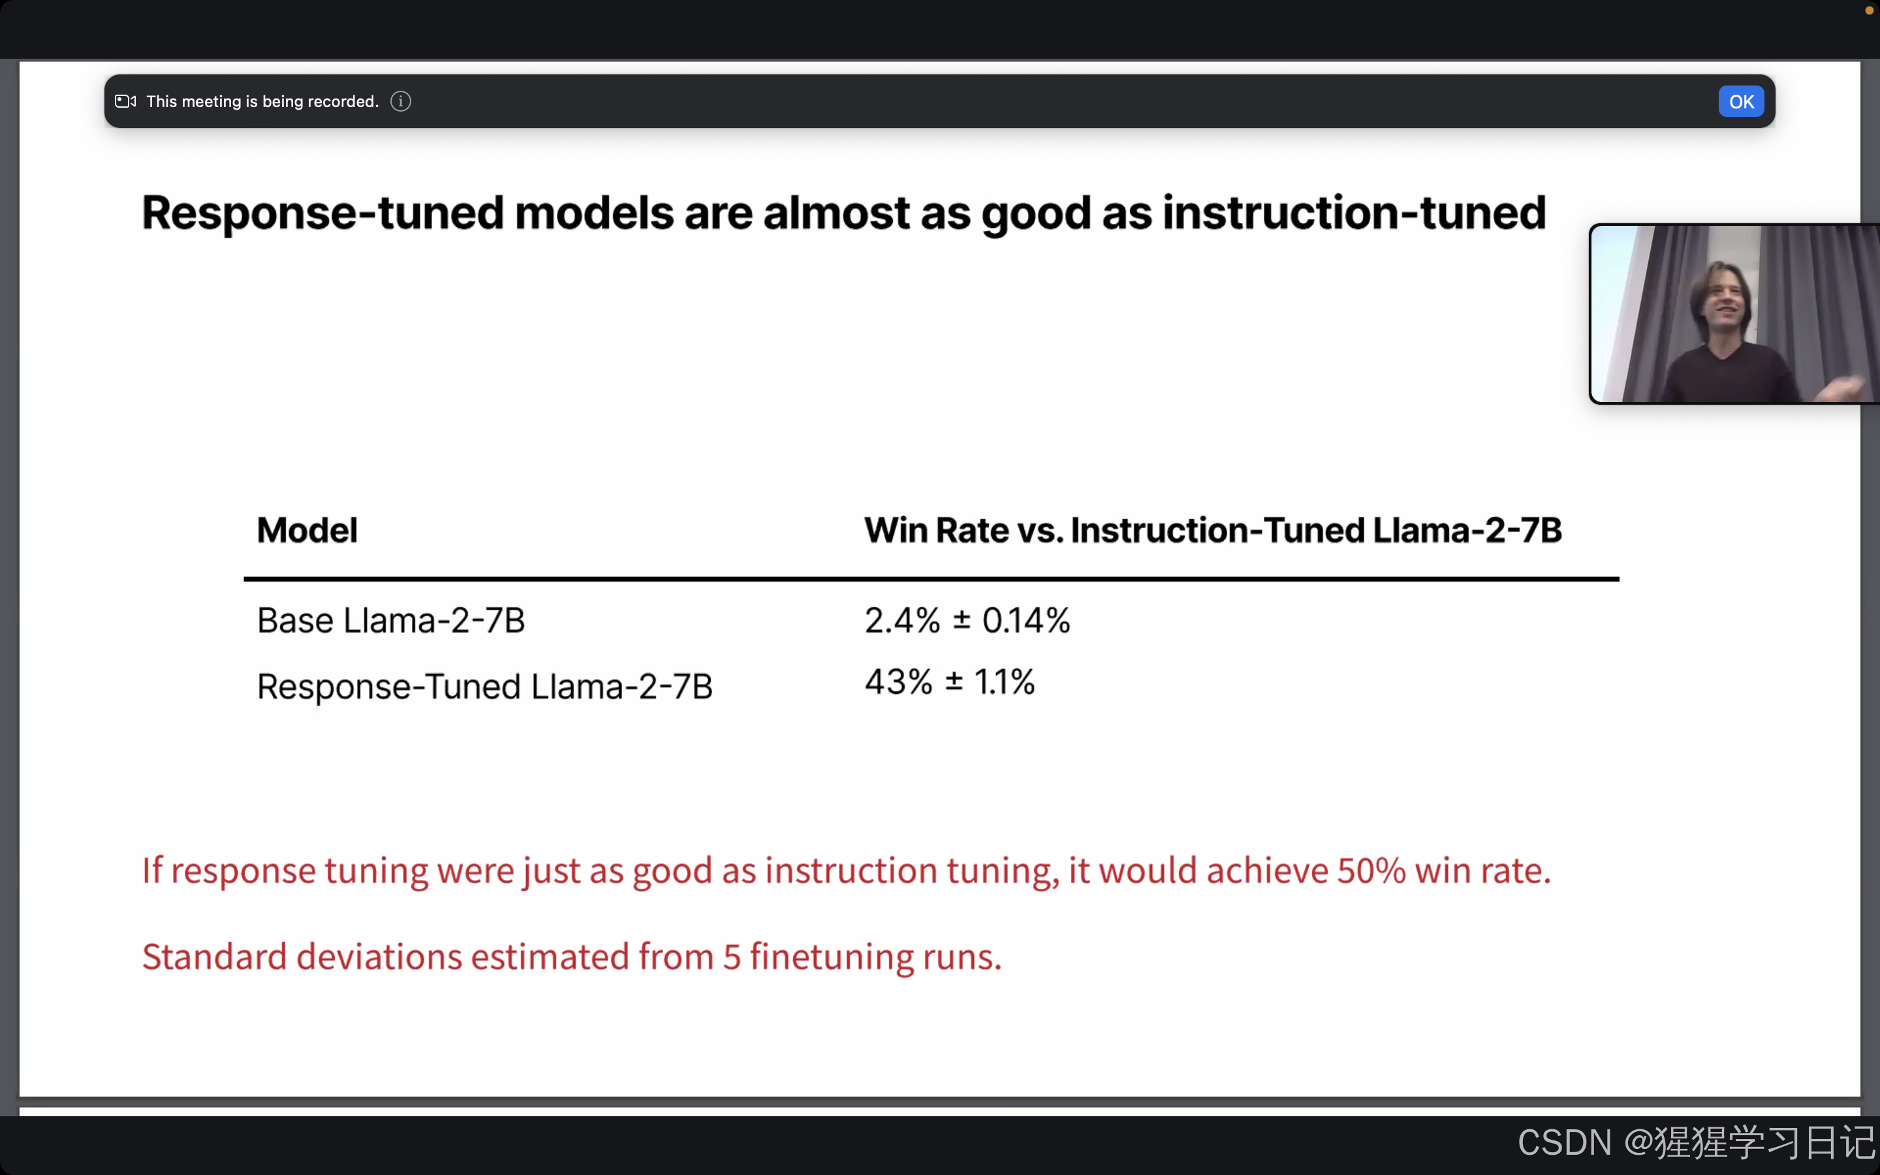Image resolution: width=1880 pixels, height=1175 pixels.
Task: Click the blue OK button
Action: pos(1740,102)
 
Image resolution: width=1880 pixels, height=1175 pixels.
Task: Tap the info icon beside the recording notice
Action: pos(400,102)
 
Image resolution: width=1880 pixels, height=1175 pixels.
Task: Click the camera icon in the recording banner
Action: pos(125,102)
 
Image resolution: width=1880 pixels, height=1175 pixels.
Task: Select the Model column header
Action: pos(307,531)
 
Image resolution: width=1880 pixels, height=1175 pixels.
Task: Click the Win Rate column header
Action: pos(1212,531)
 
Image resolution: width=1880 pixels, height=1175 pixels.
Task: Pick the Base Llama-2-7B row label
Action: pos(391,621)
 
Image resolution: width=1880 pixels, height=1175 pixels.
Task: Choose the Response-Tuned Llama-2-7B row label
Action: pos(484,687)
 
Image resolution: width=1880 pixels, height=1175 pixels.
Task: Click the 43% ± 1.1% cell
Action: pos(948,682)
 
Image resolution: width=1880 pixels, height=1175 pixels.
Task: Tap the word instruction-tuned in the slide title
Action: pos(1353,213)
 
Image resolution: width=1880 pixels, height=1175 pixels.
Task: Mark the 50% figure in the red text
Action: pos(1370,870)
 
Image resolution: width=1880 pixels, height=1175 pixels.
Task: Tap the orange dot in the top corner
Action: pos(1869,11)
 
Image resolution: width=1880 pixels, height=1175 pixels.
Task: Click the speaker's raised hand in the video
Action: pos(1841,386)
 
